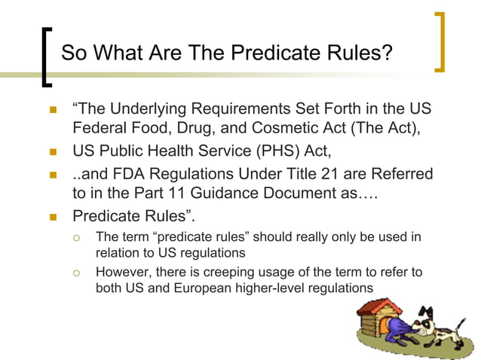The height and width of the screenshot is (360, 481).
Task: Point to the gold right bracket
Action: coord(440,42)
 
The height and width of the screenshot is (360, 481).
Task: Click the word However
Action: coord(124,271)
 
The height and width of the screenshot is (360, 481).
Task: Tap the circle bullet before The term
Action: coord(76,238)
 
